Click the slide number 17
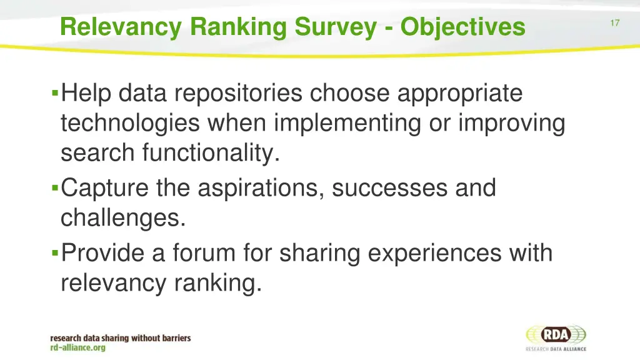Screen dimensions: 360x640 click(x=615, y=23)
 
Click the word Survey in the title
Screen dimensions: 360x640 click(x=343, y=27)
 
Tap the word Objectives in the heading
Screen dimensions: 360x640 click(x=463, y=27)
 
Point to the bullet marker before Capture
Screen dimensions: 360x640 click(x=55, y=187)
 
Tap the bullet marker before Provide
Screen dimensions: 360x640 click(x=55, y=254)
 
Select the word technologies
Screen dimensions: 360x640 click(x=130, y=123)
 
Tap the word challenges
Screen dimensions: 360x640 click(x=123, y=218)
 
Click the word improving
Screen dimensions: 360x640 click(x=511, y=123)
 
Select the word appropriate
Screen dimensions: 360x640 click(x=459, y=94)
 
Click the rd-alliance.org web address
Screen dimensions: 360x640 click(x=78, y=347)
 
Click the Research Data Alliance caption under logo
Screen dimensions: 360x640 click(x=556, y=349)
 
